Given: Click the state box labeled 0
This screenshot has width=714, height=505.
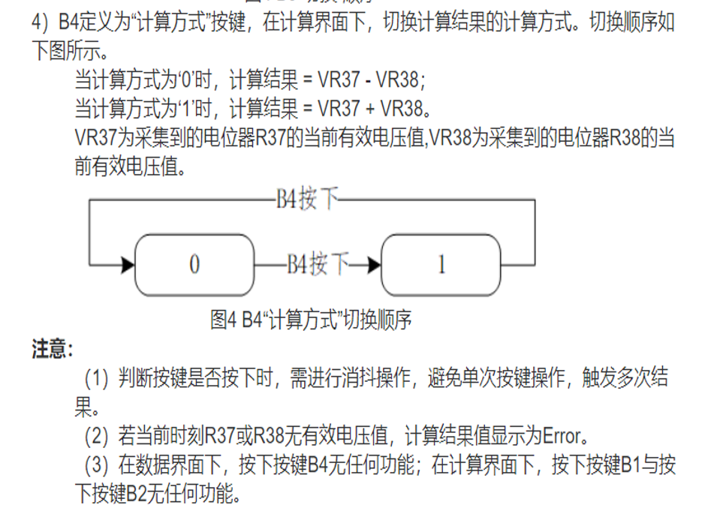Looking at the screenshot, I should pyautogui.click(x=194, y=264).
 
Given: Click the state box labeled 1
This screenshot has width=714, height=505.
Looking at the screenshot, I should pyautogui.click(x=441, y=264).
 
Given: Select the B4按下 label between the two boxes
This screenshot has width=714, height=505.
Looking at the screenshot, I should pyautogui.click(x=318, y=264).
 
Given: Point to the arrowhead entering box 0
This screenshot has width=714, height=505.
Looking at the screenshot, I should pyautogui.click(x=128, y=265).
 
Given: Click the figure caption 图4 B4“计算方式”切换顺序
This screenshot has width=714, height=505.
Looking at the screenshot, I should pyautogui.click(x=311, y=320).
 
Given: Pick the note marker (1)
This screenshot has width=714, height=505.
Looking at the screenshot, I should pyautogui.click(x=96, y=379).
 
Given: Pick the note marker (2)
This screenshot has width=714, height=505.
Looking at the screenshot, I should pyautogui.click(x=96, y=435).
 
